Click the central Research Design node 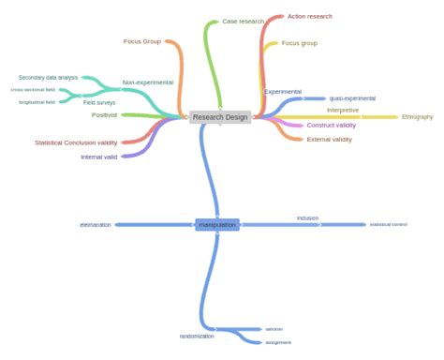pos(220,117)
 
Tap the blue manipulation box pos(217,225)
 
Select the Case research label pos(243,21)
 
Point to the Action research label pos(309,17)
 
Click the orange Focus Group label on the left pos(142,41)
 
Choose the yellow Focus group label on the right pos(300,43)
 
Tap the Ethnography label pos(417,117)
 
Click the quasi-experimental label pos(352,98)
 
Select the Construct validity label pos(331,125)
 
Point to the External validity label pos(329,139)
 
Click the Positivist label pos(105,115)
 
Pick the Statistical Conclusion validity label pos(76,142)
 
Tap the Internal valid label pos(98,157)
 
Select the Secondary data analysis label pos(49,78)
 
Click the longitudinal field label pos(37,101)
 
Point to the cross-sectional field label pos(33,89)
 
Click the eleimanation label pos(96,225)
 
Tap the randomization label pos(197,336)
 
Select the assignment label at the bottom pos(278,342)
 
